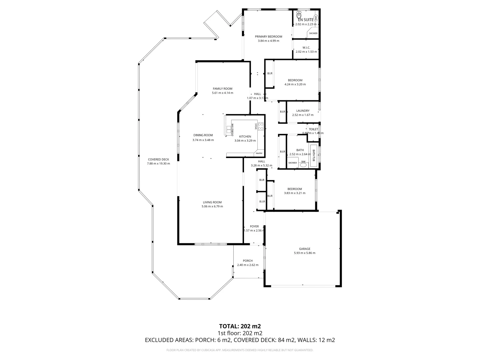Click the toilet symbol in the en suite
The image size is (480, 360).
pyautogui.click(x=299, y=15)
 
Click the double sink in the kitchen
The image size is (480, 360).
pyautogui.click(x=230, y=130)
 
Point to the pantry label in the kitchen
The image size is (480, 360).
pyautogui.click(x=259, y=153)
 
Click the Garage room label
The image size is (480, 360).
pyautogui.click(x=304, y=249)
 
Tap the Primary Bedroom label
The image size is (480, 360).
pyautogui.click(x=268, y=37)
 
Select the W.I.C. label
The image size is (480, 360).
pyautogui.click(x=306, y=48)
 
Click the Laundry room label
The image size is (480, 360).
pyautogui.click(x=303, y=111)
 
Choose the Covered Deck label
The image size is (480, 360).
pyautogui.click(x=159, y=159)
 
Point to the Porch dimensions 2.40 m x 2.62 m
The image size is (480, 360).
pyautogui.click(x=247, y=265)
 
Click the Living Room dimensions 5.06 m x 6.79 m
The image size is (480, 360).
pyautogui.click(x=212, y=206)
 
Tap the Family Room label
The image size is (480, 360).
pyautogui.click(x=222, y=89)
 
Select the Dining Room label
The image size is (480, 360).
pyautogui.click(x=203, y=135)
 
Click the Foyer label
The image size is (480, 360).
pyautogui.click(x=254, y=226)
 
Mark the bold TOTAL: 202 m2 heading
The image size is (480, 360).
pyautogui.click(x=240, y=326)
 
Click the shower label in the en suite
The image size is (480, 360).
pyautogui.click(x=313, y=33)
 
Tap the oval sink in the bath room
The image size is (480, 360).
pyautogui.click(x=303, y=164)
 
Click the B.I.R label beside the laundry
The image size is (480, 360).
pyautogui.click(x=282, y=112)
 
